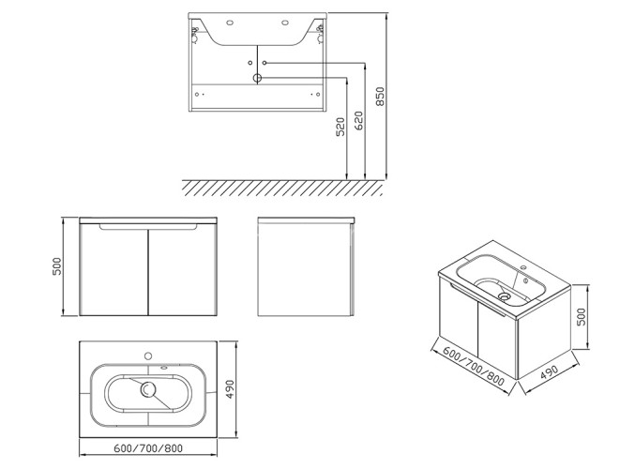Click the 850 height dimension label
(x=380, y=96)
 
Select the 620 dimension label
(x=358, y=121)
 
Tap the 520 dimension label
(x=340, y=127)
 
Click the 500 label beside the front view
(x=57, y=266)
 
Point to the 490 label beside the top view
(x=230, y=389)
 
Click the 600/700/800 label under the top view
(x=148, y=448)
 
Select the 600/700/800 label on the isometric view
(x=474, y=366)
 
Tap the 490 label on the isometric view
(x=550, y=372)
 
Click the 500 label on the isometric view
(x=582, y=316)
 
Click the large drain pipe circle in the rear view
(x=257, y=78)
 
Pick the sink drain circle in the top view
(x=148, y=390)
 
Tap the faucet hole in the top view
(x=148, y=356)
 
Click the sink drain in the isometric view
(x=504, y=295)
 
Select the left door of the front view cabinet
(x=113, y=270)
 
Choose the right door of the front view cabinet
(x=182, y=270)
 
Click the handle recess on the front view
(x=148, y=227)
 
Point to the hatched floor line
(x=282, y=188)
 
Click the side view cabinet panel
(x=305, y=270)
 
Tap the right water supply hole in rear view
(x=265, y=63)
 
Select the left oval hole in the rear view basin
(x=230, y=23)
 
